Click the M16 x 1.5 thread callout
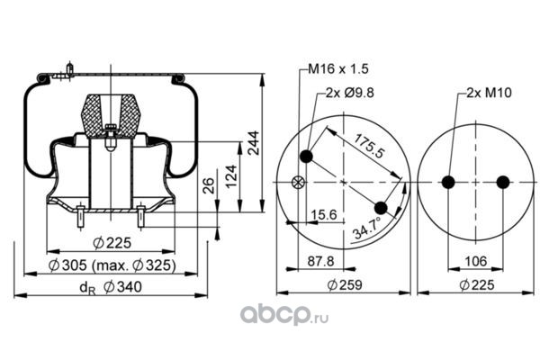pos(337,69)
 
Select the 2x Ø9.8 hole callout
pos(350,93)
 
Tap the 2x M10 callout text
pos(489,93)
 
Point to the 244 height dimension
pos(254,142)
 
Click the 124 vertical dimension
pos(232,176)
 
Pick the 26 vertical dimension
pos(209,185)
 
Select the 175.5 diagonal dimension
pos(369,146)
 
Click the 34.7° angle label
pos(367,228)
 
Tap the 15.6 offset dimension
pos(324,215)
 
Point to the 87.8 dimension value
pos(320,261)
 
